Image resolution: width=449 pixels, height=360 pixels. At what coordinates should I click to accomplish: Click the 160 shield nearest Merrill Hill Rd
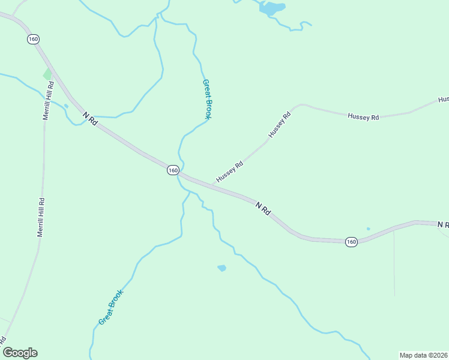tap(33, 39)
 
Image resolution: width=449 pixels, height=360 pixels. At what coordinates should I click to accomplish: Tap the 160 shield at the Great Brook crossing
tap(173, 170)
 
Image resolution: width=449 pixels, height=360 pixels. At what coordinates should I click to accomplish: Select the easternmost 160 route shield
tap(352, 242)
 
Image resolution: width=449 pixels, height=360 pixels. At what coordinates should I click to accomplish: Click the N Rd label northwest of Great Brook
tap(91, 118)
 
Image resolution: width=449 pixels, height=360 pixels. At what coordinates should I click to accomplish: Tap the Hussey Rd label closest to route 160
tap(229, 172)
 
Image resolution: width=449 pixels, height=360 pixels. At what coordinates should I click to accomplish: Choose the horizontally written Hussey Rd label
tap(363, 117)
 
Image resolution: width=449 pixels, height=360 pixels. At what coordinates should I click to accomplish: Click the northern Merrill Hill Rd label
tap(48, 101)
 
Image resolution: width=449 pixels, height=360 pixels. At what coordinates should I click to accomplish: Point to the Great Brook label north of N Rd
tap(207, 100)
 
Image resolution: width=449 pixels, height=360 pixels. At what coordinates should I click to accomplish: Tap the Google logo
tap(20, 353)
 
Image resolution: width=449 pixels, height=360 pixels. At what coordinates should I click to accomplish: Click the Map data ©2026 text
tap(423, 355)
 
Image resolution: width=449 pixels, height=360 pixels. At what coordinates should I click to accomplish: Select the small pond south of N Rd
tap(221, 268)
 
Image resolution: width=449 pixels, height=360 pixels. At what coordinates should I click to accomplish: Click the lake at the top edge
tap(272, 8)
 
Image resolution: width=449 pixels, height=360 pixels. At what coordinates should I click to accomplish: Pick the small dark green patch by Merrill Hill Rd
tap(47, 74)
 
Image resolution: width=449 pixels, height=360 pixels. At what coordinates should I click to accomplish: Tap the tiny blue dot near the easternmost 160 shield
tap(368, 229)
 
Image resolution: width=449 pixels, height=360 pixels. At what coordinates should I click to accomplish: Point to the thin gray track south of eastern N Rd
tap(394, 264)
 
